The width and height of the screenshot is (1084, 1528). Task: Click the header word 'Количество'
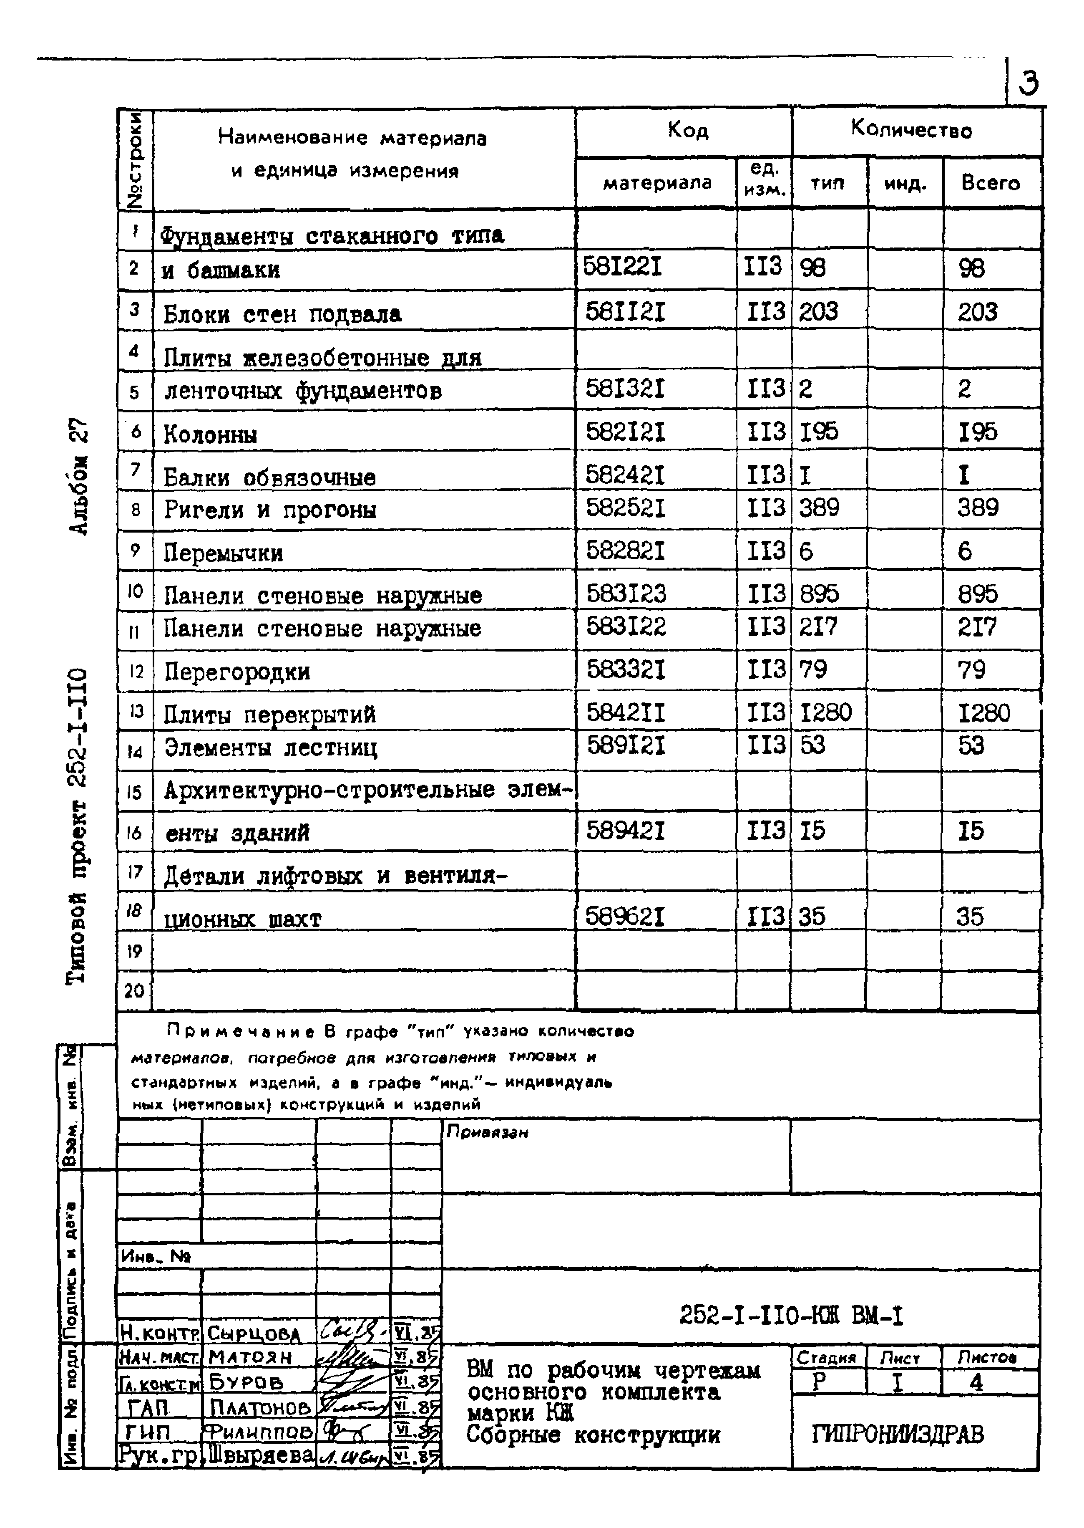coord(911,129)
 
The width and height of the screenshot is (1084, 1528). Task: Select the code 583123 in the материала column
coord(626,594)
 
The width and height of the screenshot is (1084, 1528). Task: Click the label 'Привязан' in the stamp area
coord(487,1133)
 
